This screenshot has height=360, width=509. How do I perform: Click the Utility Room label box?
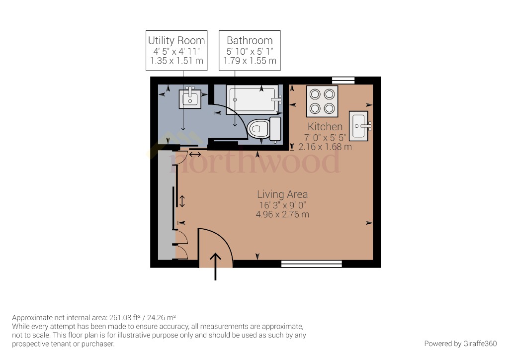click(176, 50)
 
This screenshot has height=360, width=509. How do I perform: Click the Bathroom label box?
click(250, 50)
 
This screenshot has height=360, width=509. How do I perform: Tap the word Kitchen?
click(325, 127)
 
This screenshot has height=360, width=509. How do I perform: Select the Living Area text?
click(282, 194)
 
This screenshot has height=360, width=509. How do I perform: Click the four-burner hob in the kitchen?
click(322, 101)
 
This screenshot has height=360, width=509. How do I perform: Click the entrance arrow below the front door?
click(216, 267)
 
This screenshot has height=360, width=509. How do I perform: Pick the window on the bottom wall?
click(311, 264)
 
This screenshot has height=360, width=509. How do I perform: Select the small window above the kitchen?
click(343, 80)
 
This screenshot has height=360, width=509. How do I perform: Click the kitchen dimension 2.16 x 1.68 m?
click(325, 147)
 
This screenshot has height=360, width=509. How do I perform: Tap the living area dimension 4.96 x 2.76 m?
click(282, 215)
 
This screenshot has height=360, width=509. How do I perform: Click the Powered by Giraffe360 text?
click(460, 344)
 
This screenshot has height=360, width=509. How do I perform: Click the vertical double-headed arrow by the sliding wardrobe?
click(182, 201)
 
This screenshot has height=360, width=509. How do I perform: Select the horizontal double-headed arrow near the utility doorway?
click(195, 155)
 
